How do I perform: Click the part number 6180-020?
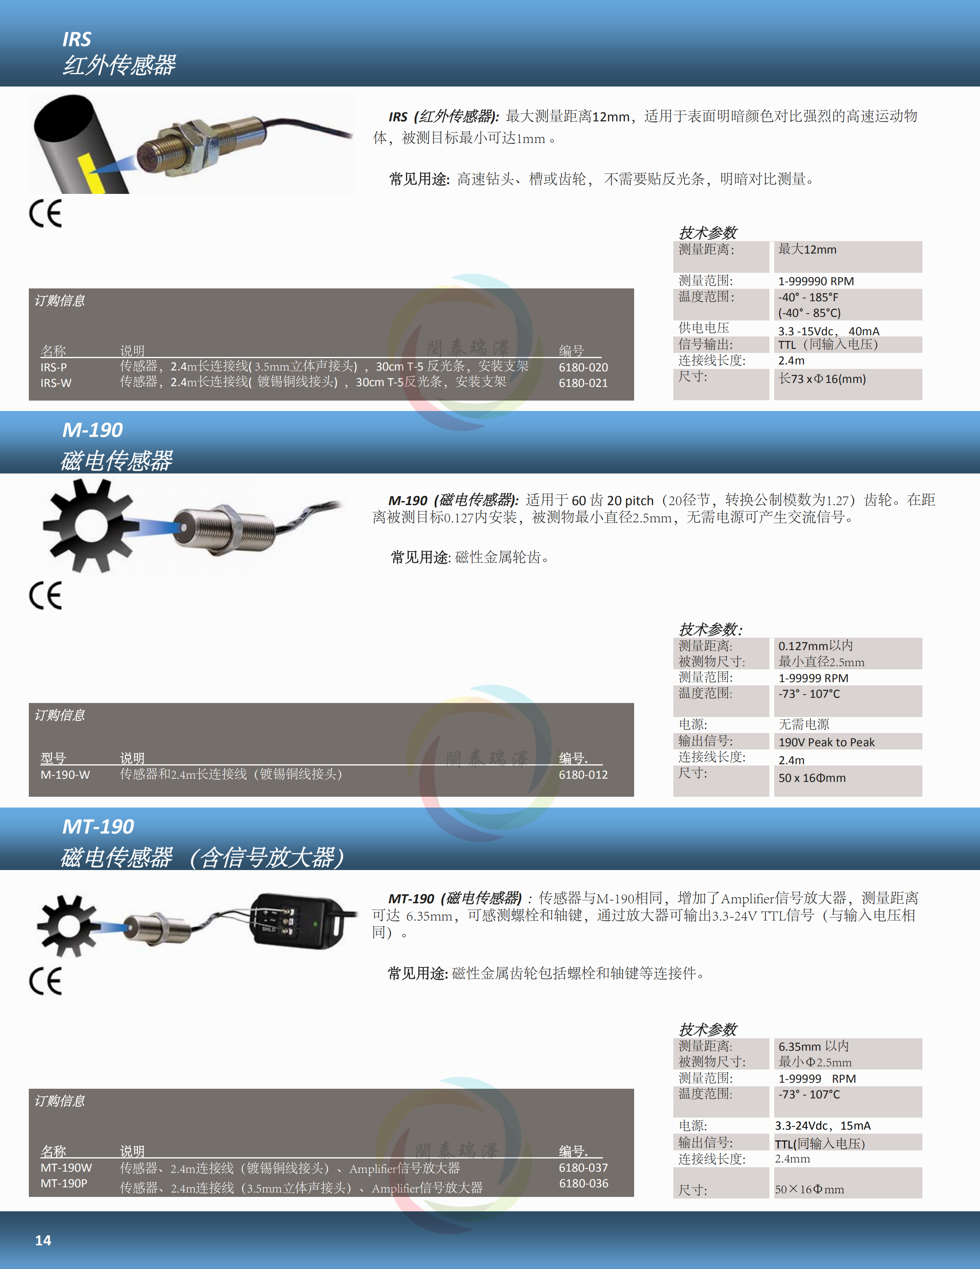583,367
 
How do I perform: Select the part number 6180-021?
583,383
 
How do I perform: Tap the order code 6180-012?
583,775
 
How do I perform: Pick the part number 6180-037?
583,1168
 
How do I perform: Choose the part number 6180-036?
583,1184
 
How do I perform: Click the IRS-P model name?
53,367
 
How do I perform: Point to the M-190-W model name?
65,775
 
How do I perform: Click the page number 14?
43,1241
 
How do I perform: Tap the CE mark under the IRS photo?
45,214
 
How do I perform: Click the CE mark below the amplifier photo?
45,981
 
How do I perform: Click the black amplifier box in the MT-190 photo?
299,921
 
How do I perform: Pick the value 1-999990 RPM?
816,281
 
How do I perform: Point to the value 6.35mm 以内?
813,1046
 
